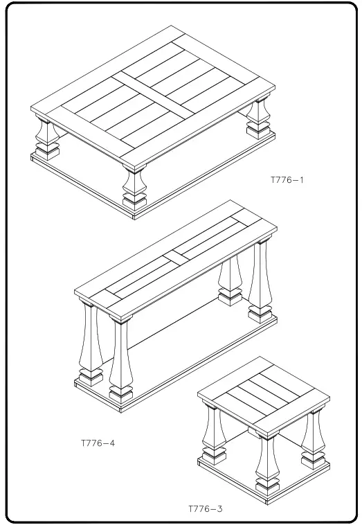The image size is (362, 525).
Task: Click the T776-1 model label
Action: coord(287,180)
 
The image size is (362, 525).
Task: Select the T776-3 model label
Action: coord(206,509)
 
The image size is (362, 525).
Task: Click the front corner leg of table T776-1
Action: coord(133,181)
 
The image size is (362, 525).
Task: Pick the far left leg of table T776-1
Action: coord(45,133)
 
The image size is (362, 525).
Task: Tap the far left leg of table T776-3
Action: coord(210,433)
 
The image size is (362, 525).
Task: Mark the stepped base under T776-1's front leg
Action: coord(134,201)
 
